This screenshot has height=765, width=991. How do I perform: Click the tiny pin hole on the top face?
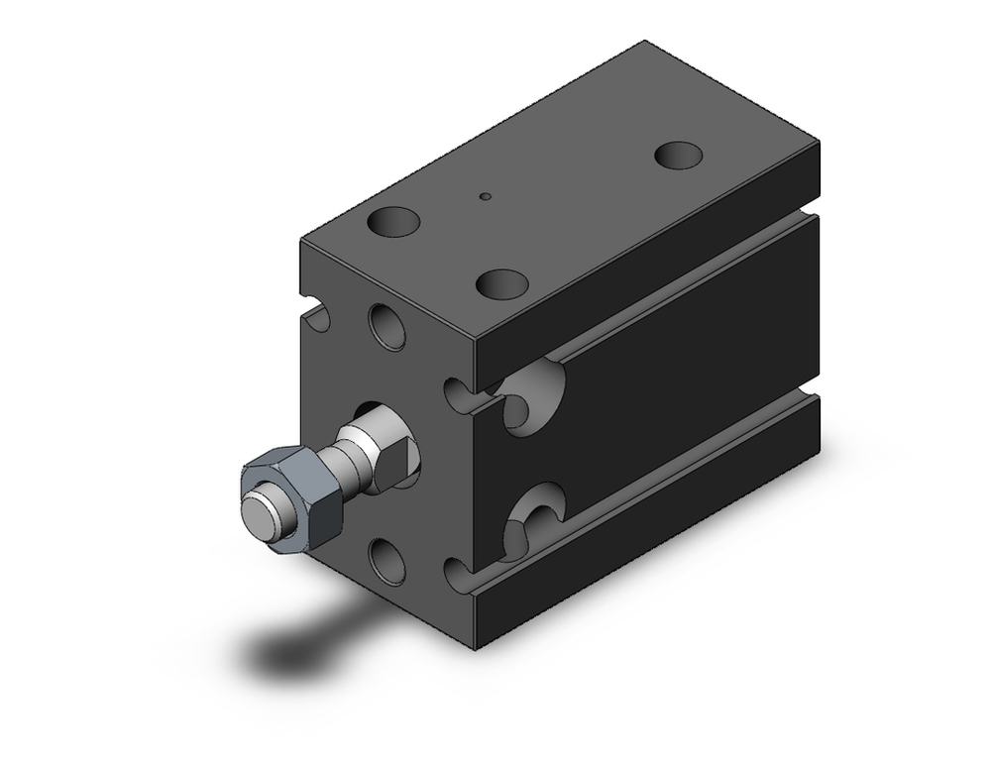pos(485,196)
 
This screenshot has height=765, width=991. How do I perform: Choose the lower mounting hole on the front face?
pos(386,559)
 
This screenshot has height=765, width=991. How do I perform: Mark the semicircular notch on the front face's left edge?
pos(317,316)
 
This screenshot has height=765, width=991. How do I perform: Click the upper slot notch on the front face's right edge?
pos(457,394)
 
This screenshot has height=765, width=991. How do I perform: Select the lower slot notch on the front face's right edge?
pos(457,574)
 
